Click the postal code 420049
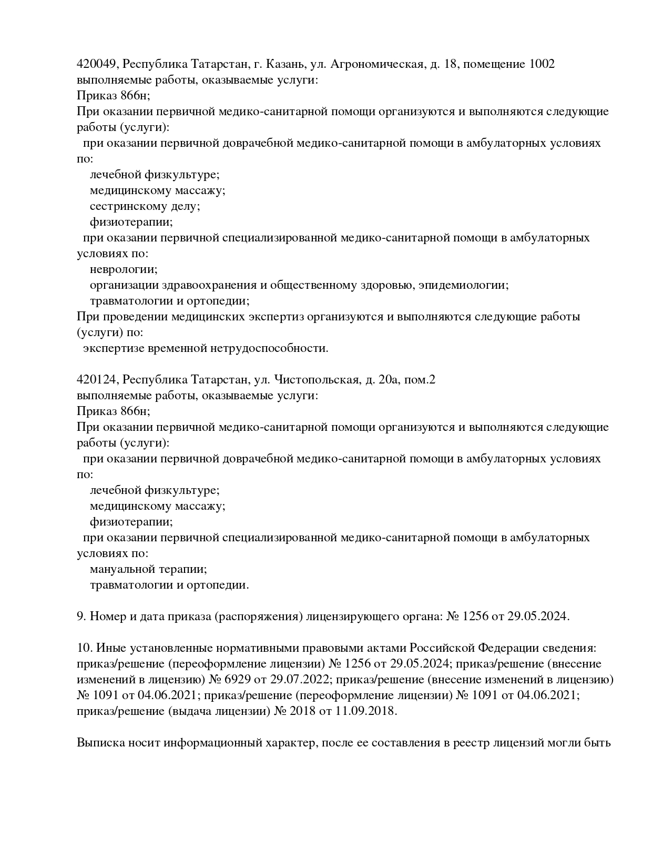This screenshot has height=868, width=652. [x=98, y=64]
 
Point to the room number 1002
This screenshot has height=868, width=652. [x=542, y=64]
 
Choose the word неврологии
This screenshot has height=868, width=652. [x=124, y=269]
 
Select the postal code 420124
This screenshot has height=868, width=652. [x=98, y=380]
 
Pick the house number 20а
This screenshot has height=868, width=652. [x=392, y=380]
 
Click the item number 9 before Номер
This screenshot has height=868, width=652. [x=80, y=617]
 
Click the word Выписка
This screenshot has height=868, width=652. [x=99, y=743]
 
